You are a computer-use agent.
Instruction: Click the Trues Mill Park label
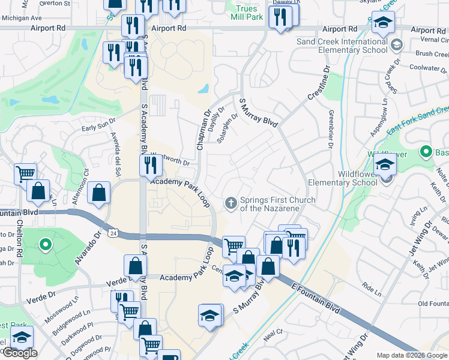[x=247, y=13]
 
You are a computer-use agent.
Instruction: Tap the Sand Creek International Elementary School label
[x=342, y=46]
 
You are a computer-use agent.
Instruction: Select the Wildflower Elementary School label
[x=342, y=178]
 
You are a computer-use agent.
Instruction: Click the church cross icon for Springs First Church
[x=230, y=204]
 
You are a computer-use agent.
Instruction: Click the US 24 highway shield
[x=112, y=232]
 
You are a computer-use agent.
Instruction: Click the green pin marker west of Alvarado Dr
[x=44, y=244]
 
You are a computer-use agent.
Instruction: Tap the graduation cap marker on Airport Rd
[x=382, y=23]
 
